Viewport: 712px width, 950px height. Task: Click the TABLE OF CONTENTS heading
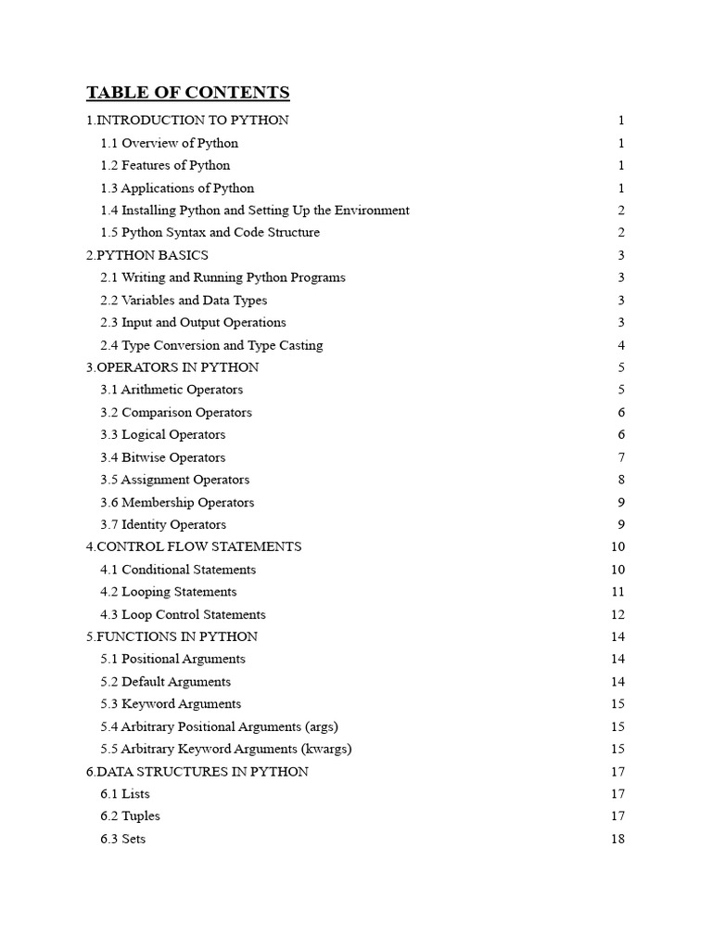point(188,93)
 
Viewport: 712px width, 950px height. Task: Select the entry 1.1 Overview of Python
point(170,143)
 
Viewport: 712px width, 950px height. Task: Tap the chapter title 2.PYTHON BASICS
point(147,255)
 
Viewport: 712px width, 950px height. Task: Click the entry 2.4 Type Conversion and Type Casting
point(212,345)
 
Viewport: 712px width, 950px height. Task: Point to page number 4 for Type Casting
point(621,345)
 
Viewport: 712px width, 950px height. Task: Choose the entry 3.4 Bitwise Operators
point(163,457)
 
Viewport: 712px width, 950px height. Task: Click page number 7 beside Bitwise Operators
point(621,457)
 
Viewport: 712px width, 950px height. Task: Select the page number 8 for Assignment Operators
point(621,480)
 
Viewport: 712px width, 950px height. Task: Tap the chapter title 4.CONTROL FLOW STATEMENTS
point(194,546)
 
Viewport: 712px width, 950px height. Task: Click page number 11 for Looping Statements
point(618,592)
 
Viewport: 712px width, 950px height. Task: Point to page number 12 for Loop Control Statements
point(618,614)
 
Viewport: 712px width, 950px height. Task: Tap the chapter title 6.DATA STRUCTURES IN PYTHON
point(197,771)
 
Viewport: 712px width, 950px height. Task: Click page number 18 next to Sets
point(618,839)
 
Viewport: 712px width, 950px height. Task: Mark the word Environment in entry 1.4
point(372,211)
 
